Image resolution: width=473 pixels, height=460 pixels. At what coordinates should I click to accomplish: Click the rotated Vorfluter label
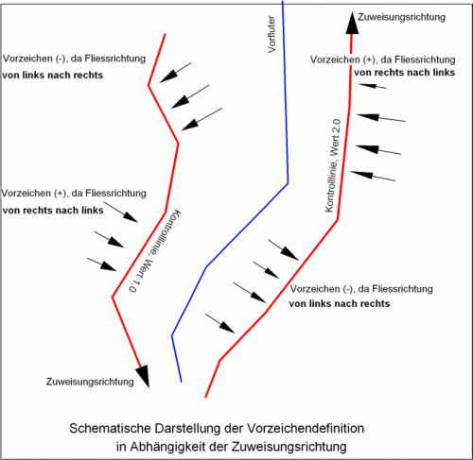coord(272,34)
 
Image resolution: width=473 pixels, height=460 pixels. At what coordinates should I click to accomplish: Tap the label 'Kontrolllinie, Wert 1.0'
coord(155,251)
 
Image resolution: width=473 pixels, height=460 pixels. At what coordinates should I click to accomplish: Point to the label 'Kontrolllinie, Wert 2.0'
coord(333,165)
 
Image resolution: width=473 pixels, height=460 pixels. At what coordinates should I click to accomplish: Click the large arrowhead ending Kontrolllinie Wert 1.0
coord(145,376)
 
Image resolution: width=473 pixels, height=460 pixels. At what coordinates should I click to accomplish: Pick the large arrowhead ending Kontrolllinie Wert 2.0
coord(352,23)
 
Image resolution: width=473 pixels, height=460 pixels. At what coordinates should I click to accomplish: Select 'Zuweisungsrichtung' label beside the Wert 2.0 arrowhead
coord(401,17)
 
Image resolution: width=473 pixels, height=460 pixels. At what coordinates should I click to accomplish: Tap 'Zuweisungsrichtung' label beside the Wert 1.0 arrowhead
coord(90,382)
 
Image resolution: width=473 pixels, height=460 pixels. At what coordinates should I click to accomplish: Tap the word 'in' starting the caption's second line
coord(121,447)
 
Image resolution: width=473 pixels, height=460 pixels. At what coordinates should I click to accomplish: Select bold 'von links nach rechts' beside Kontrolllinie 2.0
coord(340,303)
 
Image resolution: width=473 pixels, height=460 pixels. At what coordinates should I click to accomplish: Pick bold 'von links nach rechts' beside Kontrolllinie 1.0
coord(53,76)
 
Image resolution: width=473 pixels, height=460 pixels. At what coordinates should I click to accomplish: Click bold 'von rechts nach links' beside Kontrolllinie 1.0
coord(53,210)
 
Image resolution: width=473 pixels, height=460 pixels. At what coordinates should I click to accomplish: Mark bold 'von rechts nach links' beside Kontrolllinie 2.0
coord(404,73)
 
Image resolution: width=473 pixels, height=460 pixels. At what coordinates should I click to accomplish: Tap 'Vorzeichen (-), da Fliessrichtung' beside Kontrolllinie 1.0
coord(74,59)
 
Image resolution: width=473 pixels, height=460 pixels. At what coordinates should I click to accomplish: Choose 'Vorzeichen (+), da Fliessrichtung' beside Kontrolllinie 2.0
coord(383,60)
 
